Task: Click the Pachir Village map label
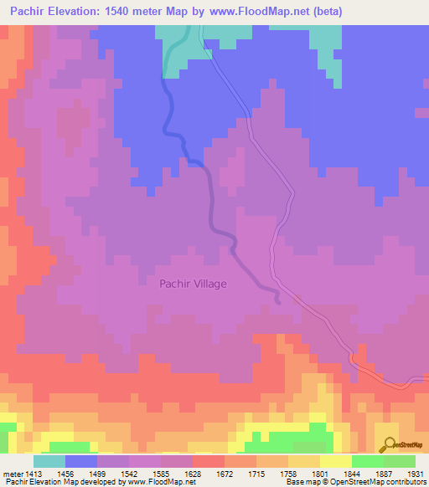point(193,284)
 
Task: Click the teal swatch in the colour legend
point(49,461)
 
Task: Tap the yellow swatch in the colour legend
point(336,461)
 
